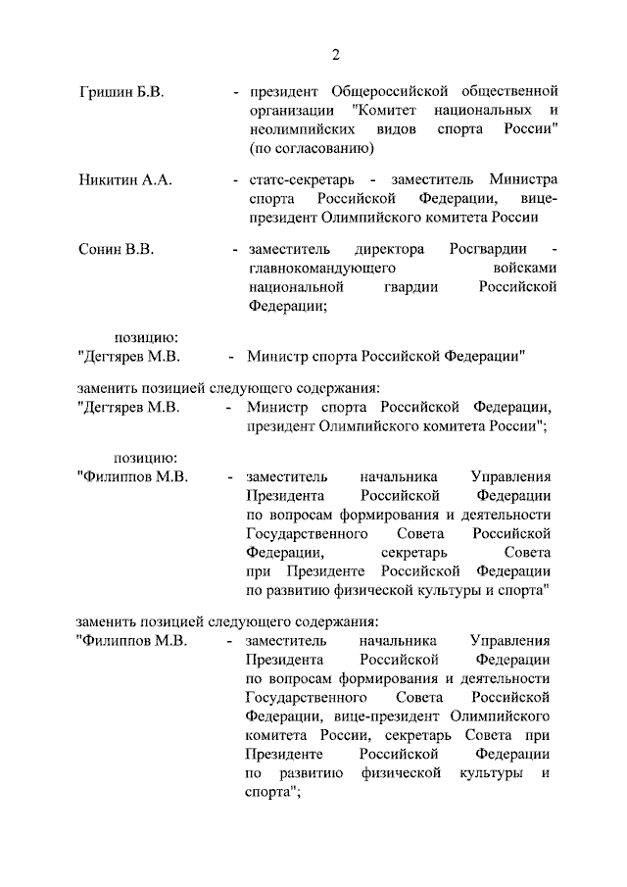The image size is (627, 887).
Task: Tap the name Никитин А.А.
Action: click(124, 180)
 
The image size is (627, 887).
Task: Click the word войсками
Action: click(526, 268)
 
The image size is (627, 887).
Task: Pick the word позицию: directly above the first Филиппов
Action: click(145, 458)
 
